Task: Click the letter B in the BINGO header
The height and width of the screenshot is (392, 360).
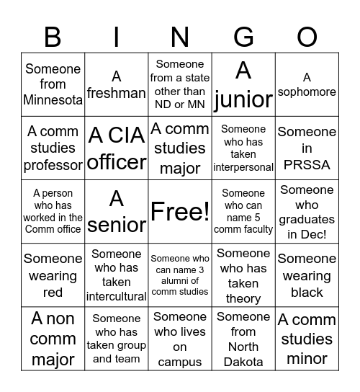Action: pyautogui.click(x=53, y=36)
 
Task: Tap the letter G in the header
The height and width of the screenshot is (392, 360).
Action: pyautogui.click(x=244, y=36)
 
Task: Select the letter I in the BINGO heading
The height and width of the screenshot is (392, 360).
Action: pyautogui.click(x=117, y=36)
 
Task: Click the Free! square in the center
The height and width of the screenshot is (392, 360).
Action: pyautogui.click(x=180, y=210)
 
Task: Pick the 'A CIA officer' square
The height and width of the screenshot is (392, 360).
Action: pyautogui.click(x=117, y=148)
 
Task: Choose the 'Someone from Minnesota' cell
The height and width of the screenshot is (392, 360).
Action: pyautogui.click(x=53, y=84)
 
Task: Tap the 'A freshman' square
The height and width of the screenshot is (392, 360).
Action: pyautogui.click(x=117, y=84)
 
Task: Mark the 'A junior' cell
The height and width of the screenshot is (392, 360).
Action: pyautogui.click(x=243, y=84)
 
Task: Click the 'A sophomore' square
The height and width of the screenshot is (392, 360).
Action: pyautogui.click(x=307, y=84)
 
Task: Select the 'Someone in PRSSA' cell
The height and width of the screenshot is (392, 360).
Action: pyautogui.click(x=307, y=148)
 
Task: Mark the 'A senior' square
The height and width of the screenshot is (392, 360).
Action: pyautogui.click(x=117, y=210)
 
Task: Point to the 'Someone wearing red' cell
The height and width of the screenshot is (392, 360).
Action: pyautogui.click(x=53, y=275)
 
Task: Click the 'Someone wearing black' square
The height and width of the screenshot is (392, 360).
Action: pyautogui.click(x=307, y=275)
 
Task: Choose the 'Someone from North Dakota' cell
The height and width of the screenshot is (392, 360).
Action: pyautogui.click(x=243, y=339)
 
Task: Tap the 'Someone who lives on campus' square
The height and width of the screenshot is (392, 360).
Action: pyautogui.click(x=180, y=339)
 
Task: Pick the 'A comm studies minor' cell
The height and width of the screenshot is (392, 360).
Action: pyautogui.click(x=307, y=339)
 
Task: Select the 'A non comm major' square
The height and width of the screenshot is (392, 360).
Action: pyautogui.click(x=53, y=339)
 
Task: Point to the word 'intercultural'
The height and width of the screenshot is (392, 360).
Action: pyautogui.click(x=117, y=296)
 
